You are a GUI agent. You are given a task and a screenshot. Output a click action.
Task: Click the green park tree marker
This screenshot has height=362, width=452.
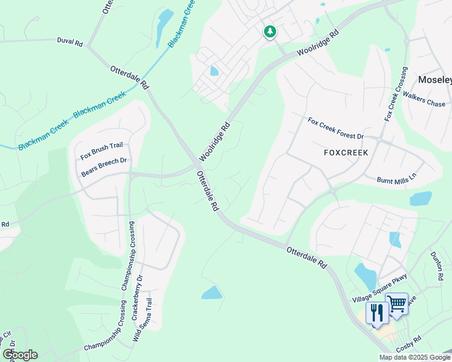(x=270, y=31)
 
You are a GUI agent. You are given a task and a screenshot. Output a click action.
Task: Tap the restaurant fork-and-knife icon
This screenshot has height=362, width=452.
(x=376, y=313)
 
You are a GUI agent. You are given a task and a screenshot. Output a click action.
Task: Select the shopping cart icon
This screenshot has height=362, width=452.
(x=396, y=304)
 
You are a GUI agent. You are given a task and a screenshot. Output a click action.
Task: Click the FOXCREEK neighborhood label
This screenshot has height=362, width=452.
(x=345, y=153)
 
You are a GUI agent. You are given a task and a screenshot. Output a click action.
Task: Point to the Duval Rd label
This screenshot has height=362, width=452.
(x=69, y=42)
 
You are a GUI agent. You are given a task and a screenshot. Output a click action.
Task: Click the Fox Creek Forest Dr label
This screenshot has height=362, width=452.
(x=336, y=129)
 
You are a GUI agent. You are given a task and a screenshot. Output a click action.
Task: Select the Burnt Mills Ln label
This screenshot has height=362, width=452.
(x=397, y=180)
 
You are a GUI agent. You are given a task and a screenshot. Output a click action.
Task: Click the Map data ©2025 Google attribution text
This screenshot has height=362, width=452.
(x=415, y=357)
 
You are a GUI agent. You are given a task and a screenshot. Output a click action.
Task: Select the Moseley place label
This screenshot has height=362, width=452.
(x=435, y=80)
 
